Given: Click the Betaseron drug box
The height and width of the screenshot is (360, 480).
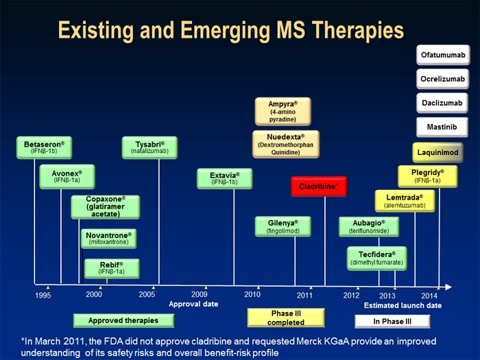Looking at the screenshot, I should pyautogui.click(x=44, y=147).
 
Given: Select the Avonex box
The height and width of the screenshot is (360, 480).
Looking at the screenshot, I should pyautogui.click(x=67, y=176).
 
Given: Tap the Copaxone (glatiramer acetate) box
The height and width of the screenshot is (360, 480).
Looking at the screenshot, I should pyautogui.click(x=106, y=206).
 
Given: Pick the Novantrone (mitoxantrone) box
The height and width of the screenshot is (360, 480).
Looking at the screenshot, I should pyautogui.click(x=108, y=239).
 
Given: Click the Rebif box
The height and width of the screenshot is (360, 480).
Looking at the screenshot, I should pyautogui.click(x=111, y=268).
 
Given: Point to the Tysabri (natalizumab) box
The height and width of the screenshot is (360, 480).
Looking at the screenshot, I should pyautogui.click(x=149, y=147).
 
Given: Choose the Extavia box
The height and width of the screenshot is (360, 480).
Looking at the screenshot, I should pyautogui.click(x=224, y=179).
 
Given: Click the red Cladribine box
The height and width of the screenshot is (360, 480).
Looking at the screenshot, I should pyautogui.click(x=319, y=186).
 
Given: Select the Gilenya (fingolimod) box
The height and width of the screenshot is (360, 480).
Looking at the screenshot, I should pyautogui.click(x=283, y=227).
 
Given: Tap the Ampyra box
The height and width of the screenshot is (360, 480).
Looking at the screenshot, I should pyautogui.click(x=283, y=111).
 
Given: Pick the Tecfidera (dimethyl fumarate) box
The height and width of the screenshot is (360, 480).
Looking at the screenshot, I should pyautogui.click(x=376, y=258).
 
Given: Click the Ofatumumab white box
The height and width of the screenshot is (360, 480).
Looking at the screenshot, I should pyautogui.click(x=442, y=54).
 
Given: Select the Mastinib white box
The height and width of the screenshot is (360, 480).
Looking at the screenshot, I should pyautogui.click(x=442, y=126).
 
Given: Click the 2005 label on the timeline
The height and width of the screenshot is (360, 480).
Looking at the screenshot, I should pyautogui.click(x=147, y=294).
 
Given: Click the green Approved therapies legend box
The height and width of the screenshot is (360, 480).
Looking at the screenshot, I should pyautogui.click(x=123, y=320).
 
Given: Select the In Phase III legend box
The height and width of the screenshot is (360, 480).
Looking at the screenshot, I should pyautogui.click(x=392, y=321).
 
